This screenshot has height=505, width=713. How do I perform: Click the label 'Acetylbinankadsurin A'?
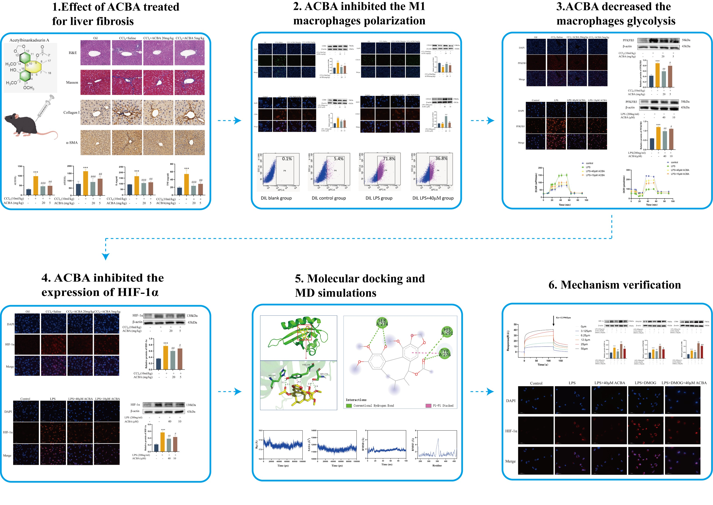29,40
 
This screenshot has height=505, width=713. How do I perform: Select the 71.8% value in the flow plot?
389,159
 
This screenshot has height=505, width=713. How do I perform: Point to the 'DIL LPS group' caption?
379,198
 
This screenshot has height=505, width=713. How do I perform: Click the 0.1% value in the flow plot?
287,159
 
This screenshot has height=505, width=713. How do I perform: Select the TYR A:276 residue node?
445,353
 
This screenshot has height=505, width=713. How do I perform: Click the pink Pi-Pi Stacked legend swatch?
428,405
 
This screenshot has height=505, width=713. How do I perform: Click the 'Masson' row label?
72,82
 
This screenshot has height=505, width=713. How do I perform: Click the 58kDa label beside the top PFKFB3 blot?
686,40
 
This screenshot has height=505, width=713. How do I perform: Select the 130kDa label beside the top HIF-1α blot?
192,316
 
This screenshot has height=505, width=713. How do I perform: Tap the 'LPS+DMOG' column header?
645,383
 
